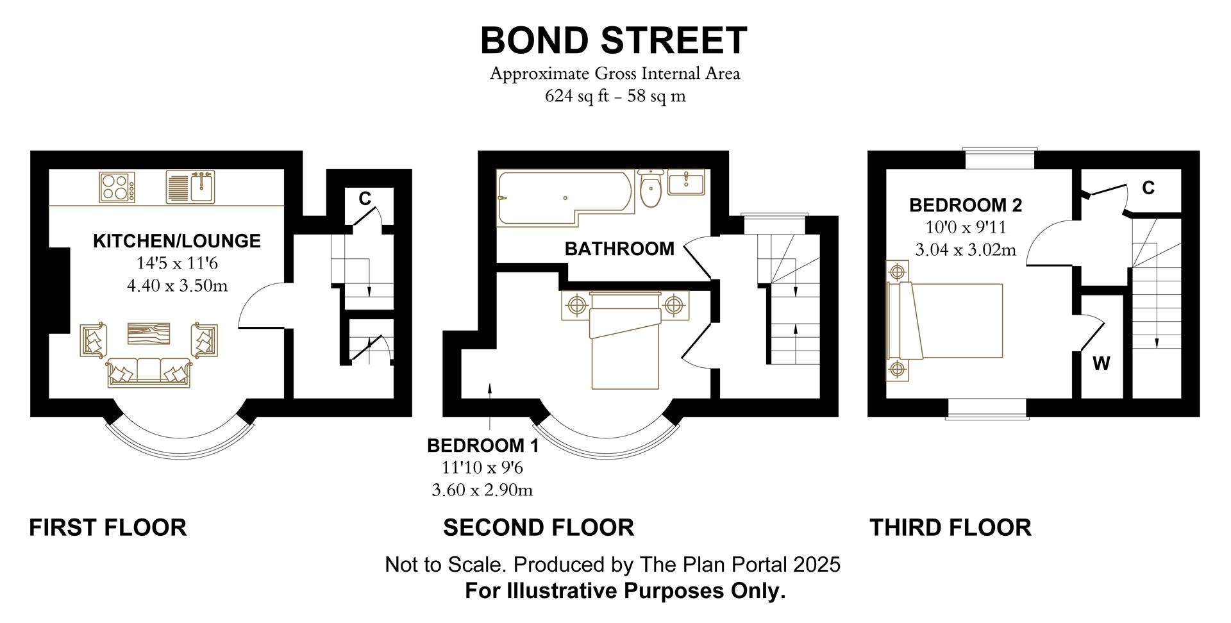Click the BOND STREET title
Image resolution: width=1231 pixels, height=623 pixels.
(614, 40)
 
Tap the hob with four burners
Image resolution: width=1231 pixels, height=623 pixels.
(117, 187)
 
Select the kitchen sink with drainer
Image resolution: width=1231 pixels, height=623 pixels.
(191, 187)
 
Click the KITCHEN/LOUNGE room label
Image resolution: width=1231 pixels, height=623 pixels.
(177, 241)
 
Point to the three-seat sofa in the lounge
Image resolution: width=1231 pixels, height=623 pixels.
(149, 372)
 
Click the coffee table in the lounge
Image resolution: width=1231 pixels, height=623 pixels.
(149, 333)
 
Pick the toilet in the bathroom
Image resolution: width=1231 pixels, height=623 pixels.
(650, 188)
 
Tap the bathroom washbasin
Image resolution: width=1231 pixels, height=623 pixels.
(686, 183)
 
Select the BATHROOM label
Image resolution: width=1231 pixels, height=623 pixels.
(619, 249)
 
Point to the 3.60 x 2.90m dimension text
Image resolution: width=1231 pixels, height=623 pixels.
(482, 490)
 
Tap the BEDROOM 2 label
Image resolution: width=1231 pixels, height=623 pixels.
(965, 205)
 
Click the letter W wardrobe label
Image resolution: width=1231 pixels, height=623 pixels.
(1101, 364)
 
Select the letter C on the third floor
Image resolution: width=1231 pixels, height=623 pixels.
(1148, 188)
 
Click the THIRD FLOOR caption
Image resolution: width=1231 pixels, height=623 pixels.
(950, 527)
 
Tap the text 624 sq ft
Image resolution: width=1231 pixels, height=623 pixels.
(574, 96)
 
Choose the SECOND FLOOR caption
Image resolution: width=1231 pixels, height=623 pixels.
(538, 527)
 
